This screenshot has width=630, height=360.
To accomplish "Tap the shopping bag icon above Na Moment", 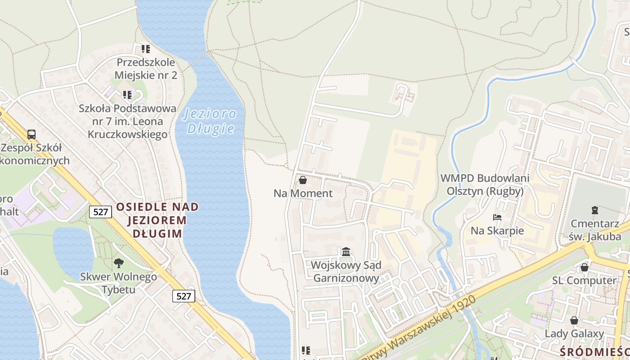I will pyautogui.click(x=303, y=180).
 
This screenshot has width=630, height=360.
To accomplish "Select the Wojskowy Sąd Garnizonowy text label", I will pyautogui.click(x=346, y=272).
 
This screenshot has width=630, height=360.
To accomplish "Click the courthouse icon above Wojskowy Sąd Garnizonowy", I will pyautogui.click(x=346, y=252).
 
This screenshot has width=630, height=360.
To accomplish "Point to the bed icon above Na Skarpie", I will pyautogui.click(x=497, y=218).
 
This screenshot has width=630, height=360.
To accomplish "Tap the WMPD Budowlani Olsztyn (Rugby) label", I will pyautogui.click(x=485, y=184).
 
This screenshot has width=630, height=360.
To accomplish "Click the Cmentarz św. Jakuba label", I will pyautogui.click(x=595, y=230).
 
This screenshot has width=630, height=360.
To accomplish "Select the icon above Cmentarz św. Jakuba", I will pyautogui.click(x=595, y=210).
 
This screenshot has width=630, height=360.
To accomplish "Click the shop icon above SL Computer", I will pyautogui.click(x=585, y=268).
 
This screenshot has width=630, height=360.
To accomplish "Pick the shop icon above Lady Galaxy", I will pyautogui.click(x=574, y=321).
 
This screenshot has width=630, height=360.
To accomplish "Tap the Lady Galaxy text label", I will pyautogui.click(x=574, y=333).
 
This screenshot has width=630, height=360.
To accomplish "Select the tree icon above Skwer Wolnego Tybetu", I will pyautogui.click(x=119, y=263).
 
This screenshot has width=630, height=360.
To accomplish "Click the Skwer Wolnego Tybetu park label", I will pyautogui.click(x=119, y=283).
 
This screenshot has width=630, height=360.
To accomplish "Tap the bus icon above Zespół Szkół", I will pyautogui.click(x=31, y=134).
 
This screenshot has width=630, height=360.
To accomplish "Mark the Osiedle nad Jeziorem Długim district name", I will pyautogui.click(x=157, y=220).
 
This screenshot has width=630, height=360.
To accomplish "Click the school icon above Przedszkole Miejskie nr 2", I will pyautogui.click(x=146, y=49).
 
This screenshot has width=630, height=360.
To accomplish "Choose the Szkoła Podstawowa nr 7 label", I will pyautogui.click(x=127, y=121).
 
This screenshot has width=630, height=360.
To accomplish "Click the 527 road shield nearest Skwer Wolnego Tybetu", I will pyautogui.click(x=184, y=296).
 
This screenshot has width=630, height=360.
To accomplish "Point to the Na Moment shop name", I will pyautogui.click(x=303, y=193).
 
